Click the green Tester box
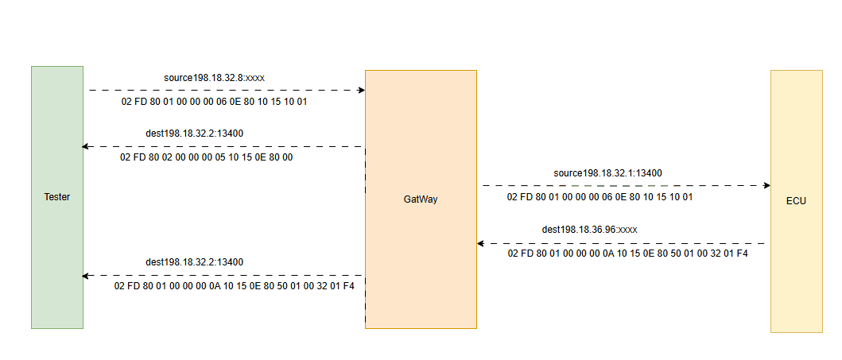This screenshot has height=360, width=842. (56, 238)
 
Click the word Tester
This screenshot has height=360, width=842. (56, 197)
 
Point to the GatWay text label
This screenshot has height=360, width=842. (421, 199)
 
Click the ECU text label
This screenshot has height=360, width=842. (796, 201)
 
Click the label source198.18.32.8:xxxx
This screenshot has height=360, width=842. (214, 78)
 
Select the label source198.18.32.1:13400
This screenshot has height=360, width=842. (607, 172)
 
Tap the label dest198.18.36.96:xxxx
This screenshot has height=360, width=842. (590, 229)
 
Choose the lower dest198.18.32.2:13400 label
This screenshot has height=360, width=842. (195, 261)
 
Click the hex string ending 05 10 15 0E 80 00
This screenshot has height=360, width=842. (207, 157)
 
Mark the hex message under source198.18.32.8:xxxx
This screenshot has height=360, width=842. (214, 103)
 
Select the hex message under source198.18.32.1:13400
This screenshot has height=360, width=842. (600, 196)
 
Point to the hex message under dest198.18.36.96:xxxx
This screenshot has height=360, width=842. (627, 254)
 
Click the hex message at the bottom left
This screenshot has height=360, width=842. (234, 285)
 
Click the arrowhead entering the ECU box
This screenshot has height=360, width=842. (766, 185)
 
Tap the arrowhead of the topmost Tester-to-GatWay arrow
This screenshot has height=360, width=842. (361, 91)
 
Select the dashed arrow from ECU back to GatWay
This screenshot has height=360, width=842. (620, 244)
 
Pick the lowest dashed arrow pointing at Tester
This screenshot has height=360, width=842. (223, 276)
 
